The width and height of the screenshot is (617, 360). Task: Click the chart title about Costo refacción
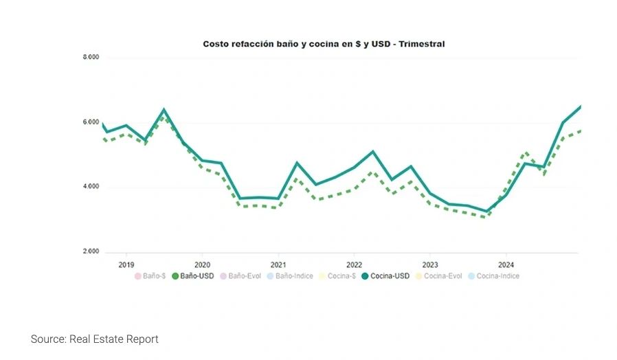[x=324, y=44]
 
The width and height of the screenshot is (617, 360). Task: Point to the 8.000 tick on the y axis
[x=91, y=58]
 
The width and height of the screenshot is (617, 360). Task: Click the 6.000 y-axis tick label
[x=91, y=123]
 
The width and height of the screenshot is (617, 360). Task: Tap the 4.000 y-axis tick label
[x=91, y=187]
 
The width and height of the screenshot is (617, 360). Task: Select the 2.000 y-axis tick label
[x=91, y=251]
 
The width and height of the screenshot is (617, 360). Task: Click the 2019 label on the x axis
[x=126, y=265]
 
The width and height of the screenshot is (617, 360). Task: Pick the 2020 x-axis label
[x=202, y=265]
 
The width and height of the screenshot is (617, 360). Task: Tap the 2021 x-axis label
[x=278, y=265]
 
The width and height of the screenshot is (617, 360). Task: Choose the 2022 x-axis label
[x=354, y=265]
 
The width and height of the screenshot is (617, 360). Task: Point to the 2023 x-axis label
[x=430, y=265]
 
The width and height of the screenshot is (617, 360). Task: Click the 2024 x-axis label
[x=506, y=265]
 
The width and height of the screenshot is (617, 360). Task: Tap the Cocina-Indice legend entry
[x=493, y=276]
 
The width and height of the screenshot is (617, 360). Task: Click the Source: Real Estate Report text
[x=95, y=339]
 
